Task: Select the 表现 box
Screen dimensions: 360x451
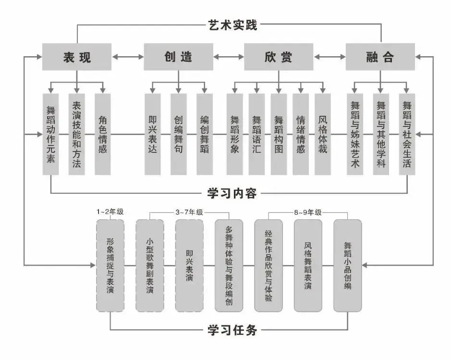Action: (x=77, y=57)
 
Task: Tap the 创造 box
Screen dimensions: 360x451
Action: (x=179, y=57)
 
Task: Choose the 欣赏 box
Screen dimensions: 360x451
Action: (x=279, y=57)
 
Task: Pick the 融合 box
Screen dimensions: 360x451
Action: (x=380, y=57)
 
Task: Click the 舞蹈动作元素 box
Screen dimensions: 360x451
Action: (x=50, y=134)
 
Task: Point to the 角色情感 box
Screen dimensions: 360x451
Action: (x=103, y=134)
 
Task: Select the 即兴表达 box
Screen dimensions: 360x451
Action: (x=153, y=134)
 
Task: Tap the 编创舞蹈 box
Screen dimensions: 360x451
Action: (x=205, y=134)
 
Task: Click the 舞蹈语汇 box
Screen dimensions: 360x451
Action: (x=257, y=134)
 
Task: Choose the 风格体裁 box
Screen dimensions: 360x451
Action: (x=323, y=134)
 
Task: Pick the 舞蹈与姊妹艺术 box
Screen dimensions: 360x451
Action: (x=355, y=134)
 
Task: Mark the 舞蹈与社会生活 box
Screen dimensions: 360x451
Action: (x=407, y=134)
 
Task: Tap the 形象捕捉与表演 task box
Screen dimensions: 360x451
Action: (x=110, y=265)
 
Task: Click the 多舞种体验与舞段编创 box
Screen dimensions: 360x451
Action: (x=229, y=265)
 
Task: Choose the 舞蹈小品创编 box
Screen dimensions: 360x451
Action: (x=347, y=265)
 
